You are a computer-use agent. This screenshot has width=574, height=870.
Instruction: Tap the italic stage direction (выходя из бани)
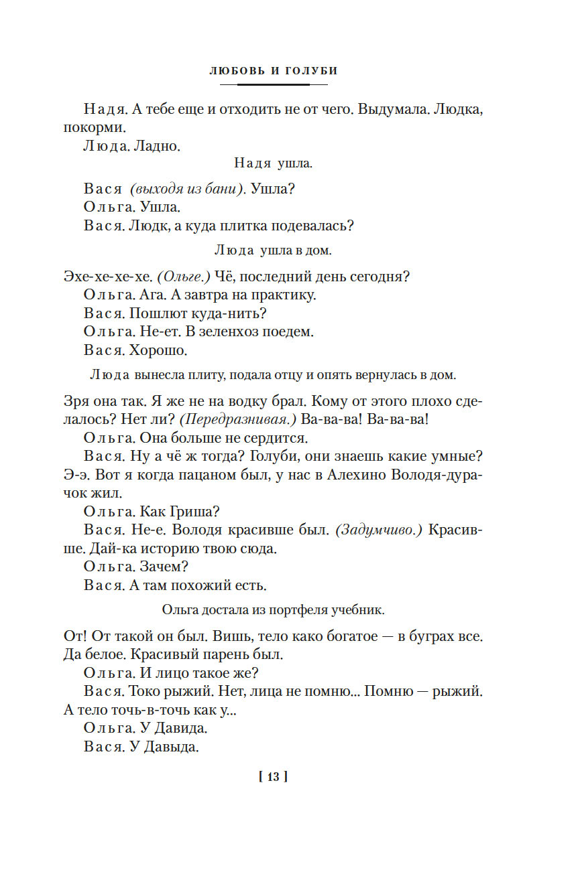click(x=187, y=190)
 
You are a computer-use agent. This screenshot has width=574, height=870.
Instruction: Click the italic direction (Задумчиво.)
click(x=378, y=530)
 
